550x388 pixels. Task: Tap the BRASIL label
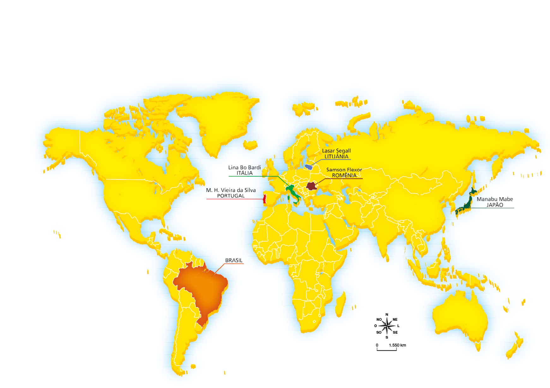point(234,260)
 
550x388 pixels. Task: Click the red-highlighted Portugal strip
point(265,199)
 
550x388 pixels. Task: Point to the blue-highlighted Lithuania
point(309,167)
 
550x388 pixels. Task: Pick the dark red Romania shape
point(311,186)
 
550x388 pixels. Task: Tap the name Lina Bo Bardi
point(244,168)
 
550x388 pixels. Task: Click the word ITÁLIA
point(244,173)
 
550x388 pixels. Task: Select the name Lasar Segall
point(336,151)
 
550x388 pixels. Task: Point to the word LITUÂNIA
point(336,157)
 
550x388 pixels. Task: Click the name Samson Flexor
point(344,170)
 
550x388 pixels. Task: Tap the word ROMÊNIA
point(344,176)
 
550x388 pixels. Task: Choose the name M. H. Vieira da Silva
point(231,190)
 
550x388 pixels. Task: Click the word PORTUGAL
point(231,196)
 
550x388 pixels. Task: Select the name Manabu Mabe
point(494,199)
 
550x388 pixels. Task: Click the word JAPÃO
point(494,205)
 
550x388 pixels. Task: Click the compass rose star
point(387,326)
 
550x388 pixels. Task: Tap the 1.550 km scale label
point(397,345)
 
